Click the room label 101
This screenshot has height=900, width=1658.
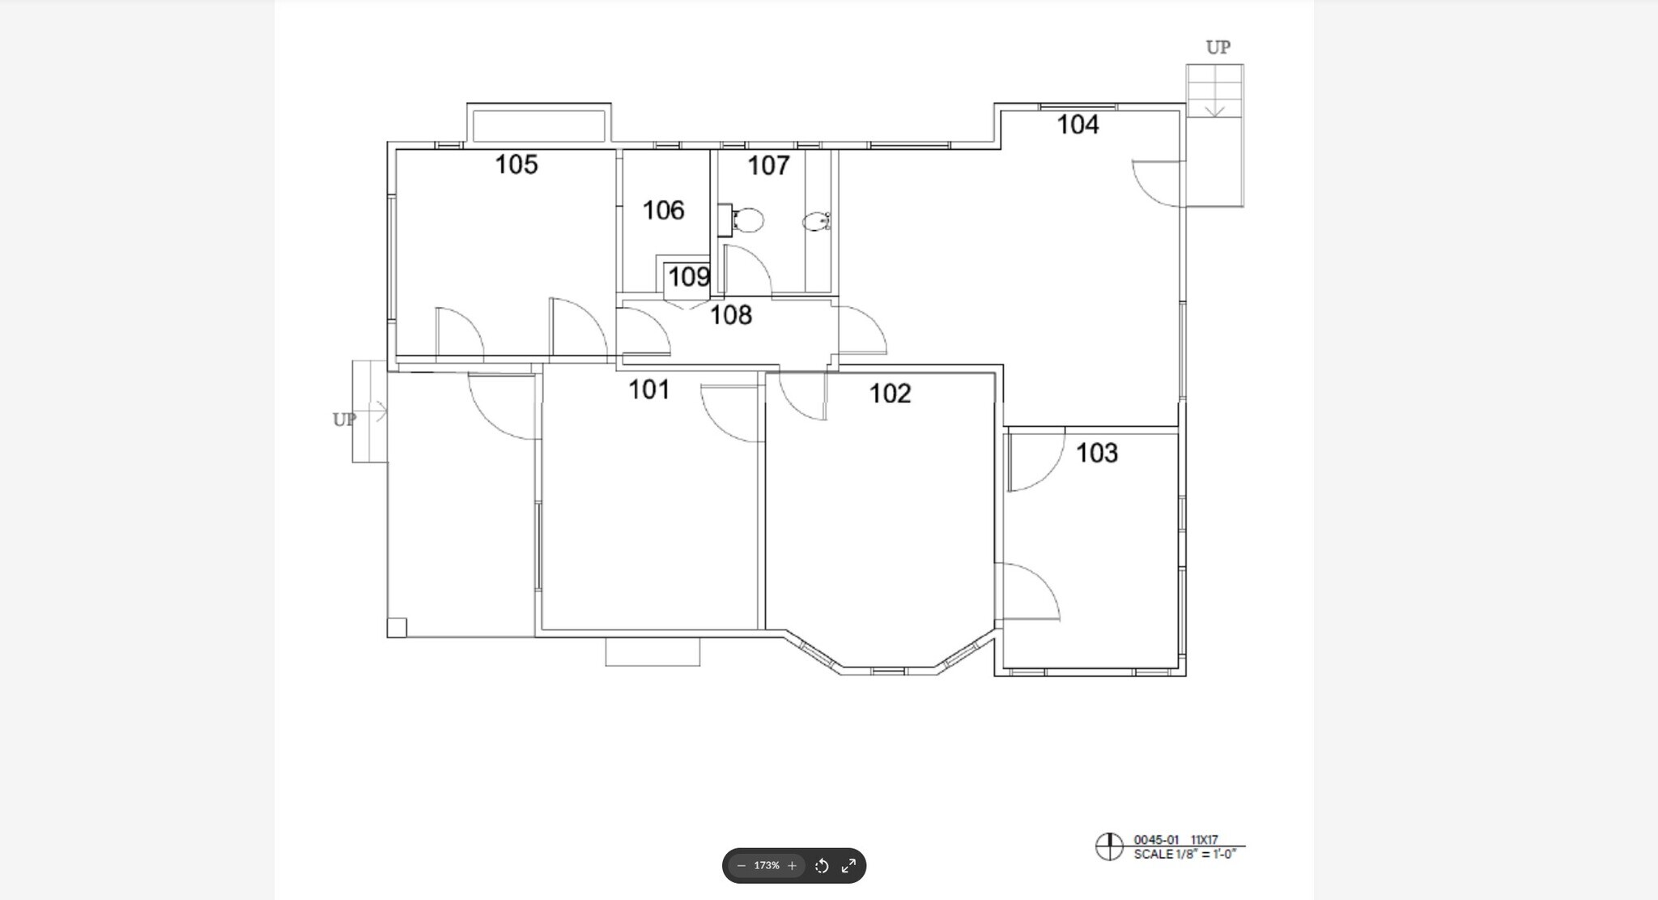[x=648, y=390]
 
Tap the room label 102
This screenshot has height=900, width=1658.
[x=890, y=394]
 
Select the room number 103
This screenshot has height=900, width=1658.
[x=1096, y=453]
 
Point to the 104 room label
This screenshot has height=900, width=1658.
[x=1078, y=125]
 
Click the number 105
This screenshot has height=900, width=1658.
[x=516, y=164]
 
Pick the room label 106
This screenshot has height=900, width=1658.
[x=663, y=211]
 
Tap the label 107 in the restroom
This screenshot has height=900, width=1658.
[x=767, y=165]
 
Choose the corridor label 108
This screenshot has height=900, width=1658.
[x=730, y=315]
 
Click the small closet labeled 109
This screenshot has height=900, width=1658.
[x=688, y=277]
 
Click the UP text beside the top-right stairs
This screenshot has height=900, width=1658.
[x=1218, y=48]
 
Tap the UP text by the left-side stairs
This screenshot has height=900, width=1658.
[x=344, y=420]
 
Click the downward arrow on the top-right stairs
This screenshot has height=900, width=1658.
[x=1214, y=109]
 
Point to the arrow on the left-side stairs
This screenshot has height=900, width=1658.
[x=377, y=412]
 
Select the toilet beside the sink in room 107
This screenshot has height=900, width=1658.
[x=815, y=221]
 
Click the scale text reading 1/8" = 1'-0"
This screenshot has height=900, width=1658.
[x=1184, y=855]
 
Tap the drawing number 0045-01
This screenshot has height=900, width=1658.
[x=1156, y=840]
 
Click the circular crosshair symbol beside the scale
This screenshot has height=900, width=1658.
[x=1108, y=847]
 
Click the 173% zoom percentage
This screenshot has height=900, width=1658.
[x=766, y=866]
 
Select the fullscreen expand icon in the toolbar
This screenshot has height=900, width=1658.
[x=848, y=866]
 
